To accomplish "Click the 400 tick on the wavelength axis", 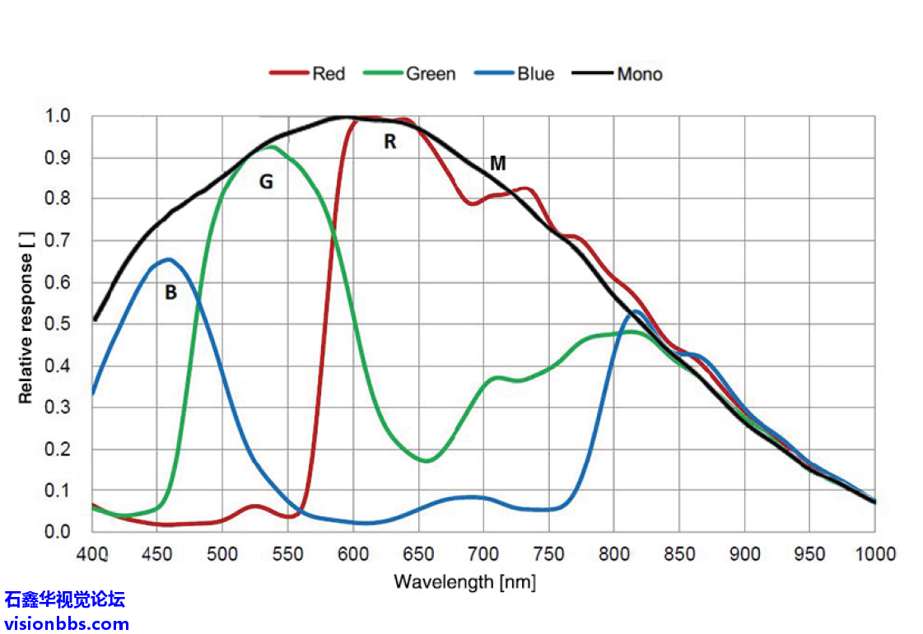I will pos(92,553).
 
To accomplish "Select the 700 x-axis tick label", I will pos(483,553).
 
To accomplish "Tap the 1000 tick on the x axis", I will pos(873,553).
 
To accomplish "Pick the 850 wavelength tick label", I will pos(679,553).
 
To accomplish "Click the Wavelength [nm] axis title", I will pos(464,582).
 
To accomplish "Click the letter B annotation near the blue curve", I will pos(170,292).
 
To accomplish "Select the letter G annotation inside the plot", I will pos(266,182).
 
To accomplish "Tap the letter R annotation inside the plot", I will pos(390,142).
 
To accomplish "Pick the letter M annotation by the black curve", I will pos(497,163).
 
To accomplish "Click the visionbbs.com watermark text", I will pos(66,623).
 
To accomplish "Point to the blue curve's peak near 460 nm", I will pos(169,259).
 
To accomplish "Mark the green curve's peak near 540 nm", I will pos(271,147).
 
